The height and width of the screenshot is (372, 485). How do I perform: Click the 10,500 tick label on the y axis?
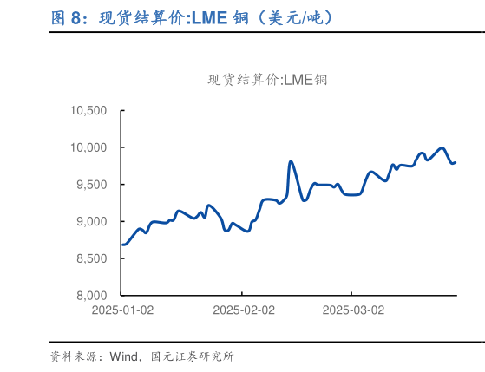pos(88,110)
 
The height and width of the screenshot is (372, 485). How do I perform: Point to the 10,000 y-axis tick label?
pos(88,147)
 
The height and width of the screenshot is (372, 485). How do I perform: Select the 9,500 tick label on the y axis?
pos(90,185)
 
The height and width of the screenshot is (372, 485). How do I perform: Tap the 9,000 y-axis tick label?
pos(90,221)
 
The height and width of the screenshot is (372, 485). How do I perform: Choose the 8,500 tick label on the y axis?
pos(90,258)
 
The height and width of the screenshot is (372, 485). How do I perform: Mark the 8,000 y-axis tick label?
pos(90,296)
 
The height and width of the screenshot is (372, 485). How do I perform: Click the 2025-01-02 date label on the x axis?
pos(122,309)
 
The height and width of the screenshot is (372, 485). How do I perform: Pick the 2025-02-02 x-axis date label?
pos(244,309)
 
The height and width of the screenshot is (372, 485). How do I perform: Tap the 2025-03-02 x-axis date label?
pos(352,309)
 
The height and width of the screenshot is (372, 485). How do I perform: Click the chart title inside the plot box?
pos(267,79)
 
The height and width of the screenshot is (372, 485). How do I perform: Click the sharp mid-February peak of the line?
pos(291,161)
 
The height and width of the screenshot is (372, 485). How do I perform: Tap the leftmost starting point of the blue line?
pos(121,245)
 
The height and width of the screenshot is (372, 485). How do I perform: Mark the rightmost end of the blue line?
pos(456,162)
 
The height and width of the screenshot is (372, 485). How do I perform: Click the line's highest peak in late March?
pos(442,148)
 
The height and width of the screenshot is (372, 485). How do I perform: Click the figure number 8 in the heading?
pos(75,17)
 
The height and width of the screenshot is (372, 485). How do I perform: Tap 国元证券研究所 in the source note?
pos(193,356)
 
